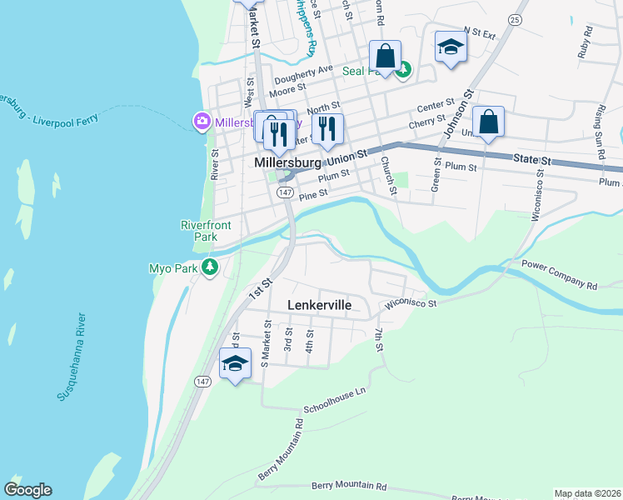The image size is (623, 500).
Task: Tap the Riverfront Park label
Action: [x=199, y=231]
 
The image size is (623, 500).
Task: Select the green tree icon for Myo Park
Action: [x=212, y=267]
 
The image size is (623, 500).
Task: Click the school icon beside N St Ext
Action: [x=451, y=47]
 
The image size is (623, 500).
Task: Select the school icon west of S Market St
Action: [x=236, y=364]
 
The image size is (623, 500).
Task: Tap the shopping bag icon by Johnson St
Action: [x=488, y=122]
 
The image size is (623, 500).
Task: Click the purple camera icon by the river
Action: [x=201, y=122]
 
